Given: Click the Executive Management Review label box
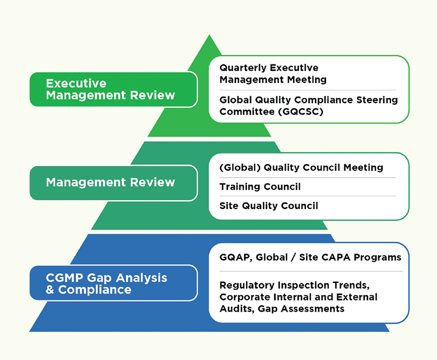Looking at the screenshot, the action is [x=114, y=89].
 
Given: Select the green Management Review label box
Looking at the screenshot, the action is [x=114, y=183].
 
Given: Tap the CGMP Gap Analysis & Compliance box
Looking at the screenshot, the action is [x=114, y=283].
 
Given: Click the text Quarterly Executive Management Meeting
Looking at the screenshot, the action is [x=273, y=73].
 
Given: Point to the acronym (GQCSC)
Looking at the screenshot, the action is [x=301, y=112].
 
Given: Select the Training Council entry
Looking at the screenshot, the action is [x=260, y=187].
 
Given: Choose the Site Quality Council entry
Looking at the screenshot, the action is [x=269, y=206].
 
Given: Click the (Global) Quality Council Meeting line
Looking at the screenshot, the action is [x=301, y=168].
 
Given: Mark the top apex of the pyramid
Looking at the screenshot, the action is [x=210, y=35].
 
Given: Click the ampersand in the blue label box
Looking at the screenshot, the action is [x=50, y=290].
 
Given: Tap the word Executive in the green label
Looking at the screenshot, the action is [x=76, y=84].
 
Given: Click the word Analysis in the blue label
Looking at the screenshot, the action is [x=142, y=278].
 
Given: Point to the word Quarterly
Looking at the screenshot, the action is [x=243, y=68].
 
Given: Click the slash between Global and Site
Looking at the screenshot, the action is [x=293, y=257].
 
